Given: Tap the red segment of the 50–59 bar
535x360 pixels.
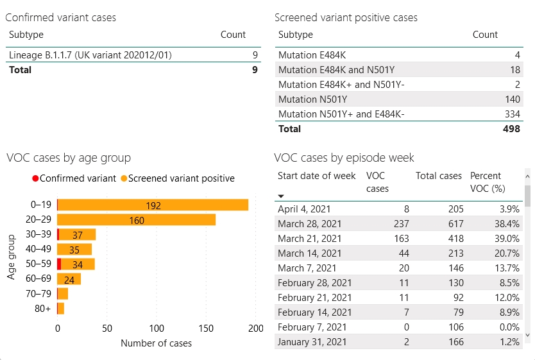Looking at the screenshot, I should pos(59,264).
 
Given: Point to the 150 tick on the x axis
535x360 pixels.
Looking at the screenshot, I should pos(206,329).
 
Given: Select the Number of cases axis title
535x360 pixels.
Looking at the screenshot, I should pos(156,343).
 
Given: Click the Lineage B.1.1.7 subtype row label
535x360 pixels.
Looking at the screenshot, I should pos(90,55).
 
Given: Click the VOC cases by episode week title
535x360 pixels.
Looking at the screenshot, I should pos(344,158).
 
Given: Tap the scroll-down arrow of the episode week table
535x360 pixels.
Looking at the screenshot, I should pos(527,334).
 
